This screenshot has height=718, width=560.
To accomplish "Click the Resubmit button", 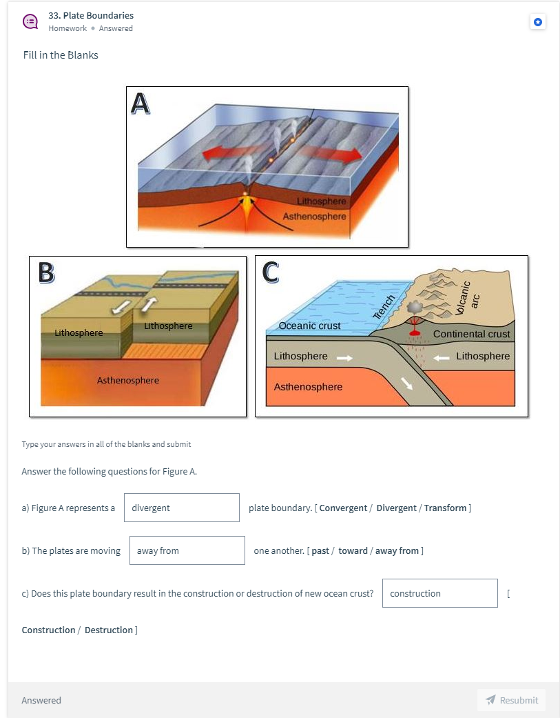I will point(511,700).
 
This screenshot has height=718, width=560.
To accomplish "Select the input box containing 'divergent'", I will point(182,508).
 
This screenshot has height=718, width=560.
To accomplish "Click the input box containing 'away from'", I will point(187,550).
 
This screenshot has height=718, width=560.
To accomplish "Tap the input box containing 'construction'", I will point(439,593).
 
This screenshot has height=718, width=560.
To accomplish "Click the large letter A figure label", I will point(140,103).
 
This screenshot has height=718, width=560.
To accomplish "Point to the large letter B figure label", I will point(45,272).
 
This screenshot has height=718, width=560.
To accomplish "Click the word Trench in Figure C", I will point(384,307).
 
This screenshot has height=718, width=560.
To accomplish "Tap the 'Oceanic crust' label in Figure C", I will point(310,326).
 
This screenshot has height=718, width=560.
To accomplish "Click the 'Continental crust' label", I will point(472,334).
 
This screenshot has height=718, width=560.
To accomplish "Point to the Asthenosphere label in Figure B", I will point(128,380).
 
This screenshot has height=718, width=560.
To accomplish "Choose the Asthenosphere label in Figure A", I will point(314,217).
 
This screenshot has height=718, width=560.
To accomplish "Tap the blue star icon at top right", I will point(538,22).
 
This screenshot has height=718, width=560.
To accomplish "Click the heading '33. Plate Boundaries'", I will point(91,15).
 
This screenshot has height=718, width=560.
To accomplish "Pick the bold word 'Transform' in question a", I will point(445,508).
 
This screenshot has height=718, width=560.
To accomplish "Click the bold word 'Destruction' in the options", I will point(109,630).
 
